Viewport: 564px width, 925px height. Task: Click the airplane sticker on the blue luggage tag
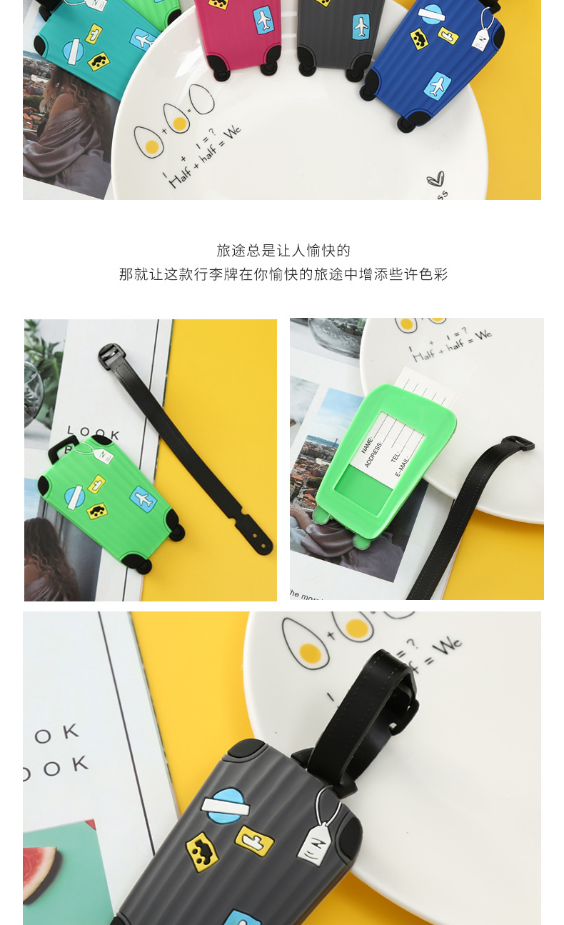(436, 86)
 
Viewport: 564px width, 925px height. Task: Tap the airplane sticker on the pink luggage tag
(263, 19)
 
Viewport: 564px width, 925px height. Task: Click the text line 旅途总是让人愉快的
(283, 251)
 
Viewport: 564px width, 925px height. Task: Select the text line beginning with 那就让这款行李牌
(283, 274)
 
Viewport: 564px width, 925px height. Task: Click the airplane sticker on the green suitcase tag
(143, 499)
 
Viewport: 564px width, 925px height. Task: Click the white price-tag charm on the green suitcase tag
(103, 454)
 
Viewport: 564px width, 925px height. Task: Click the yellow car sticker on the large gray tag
(202, 851)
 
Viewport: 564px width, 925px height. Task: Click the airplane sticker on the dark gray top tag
(361, 26)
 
